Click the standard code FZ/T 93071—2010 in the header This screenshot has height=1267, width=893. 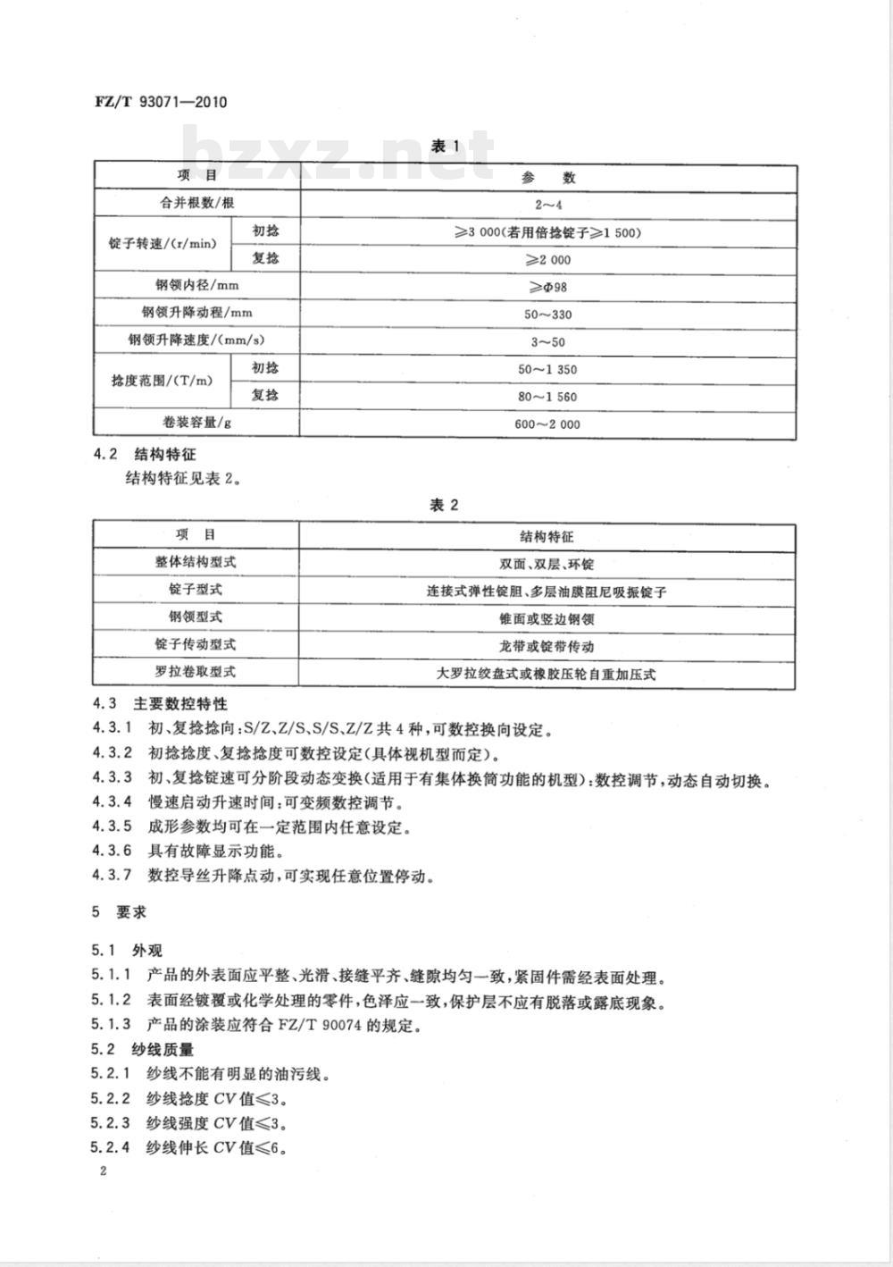[161, 101]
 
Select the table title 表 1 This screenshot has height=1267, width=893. [444, 146]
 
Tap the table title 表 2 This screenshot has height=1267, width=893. [444, 505]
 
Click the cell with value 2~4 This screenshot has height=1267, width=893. [547, 205]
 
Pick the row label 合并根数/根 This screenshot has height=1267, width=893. [196, 203]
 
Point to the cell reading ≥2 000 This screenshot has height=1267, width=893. [547, 260]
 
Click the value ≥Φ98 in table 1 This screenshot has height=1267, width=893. [547, 287]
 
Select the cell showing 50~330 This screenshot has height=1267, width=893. [547, 315]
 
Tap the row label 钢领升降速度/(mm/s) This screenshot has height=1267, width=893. [196, 340]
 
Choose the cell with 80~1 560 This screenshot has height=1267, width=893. [547, 396]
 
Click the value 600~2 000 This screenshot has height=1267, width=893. [547, 424]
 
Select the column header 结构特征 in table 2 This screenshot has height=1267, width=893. [547, 537]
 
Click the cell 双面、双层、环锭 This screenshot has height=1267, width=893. [547, 565]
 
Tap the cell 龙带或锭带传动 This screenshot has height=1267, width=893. [547, 646]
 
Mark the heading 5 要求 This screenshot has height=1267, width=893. [120, 913]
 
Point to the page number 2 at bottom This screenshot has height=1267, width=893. [104, 1171]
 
